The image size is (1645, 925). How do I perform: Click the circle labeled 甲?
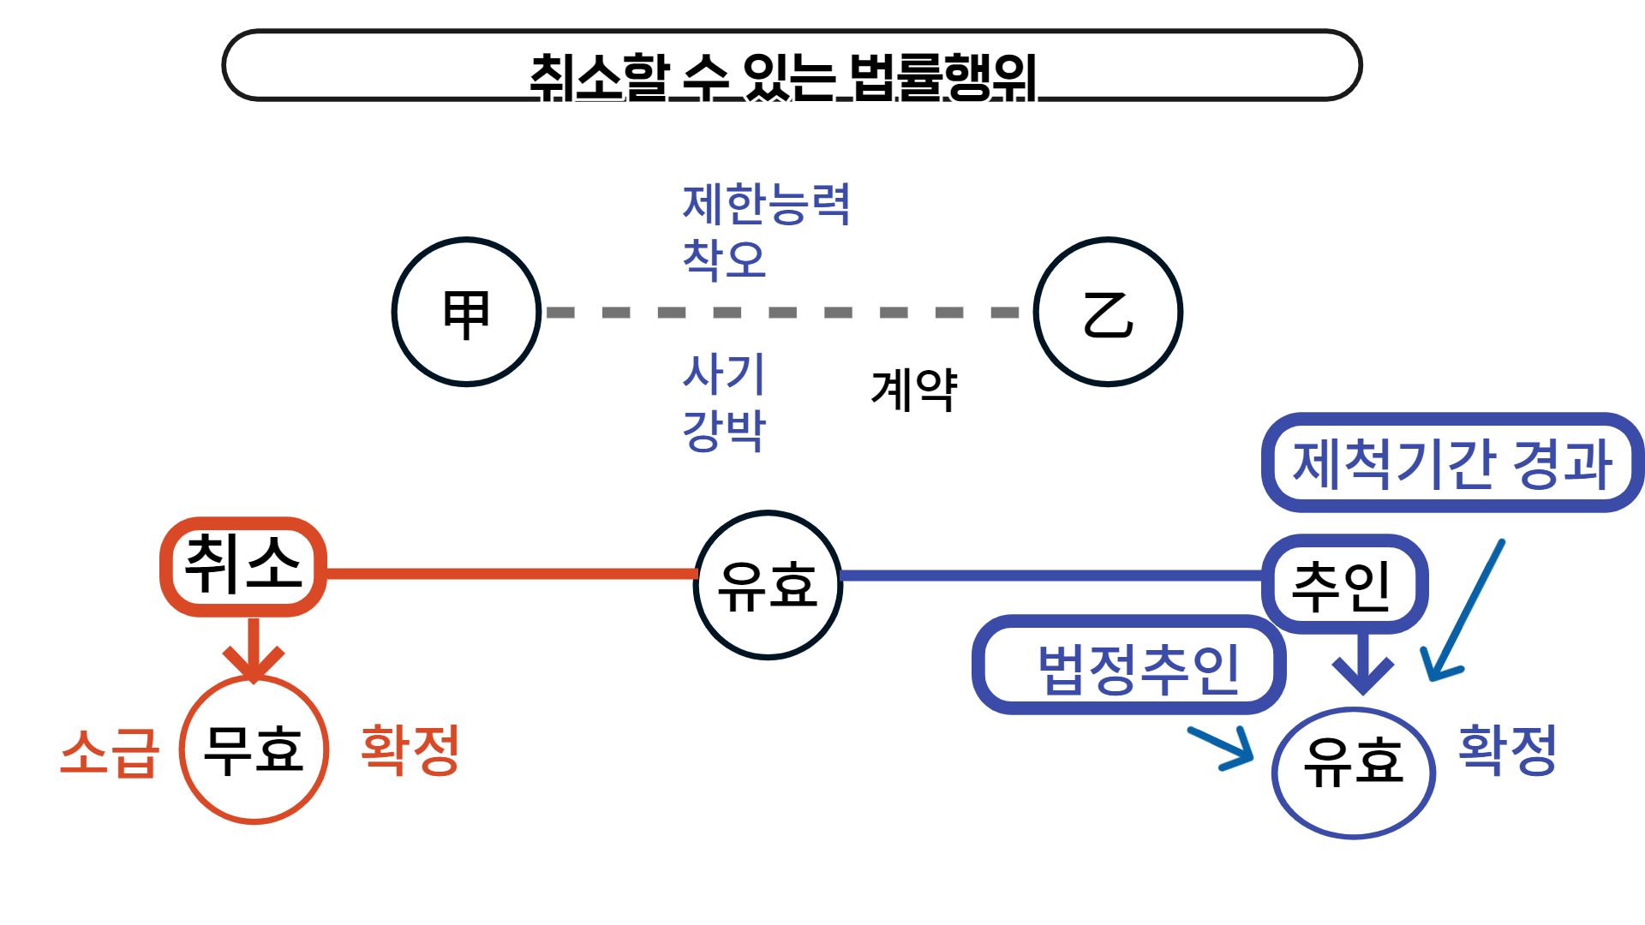pyautogui.click(x=467, y=312)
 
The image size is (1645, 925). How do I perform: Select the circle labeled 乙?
pyautogui.click(x=1108, y=312)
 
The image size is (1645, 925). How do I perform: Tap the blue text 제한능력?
pyautogui.click(x=766, y=205)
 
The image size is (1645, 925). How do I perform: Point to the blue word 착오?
pyautogui.click(x=724, y=259)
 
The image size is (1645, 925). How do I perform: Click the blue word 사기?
pyautogui.click(x=724, y=373)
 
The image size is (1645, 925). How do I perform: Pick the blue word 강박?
pyautogui.click(x=724, y=430)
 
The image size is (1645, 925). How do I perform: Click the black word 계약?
pyautogui.click(x=913, y=390)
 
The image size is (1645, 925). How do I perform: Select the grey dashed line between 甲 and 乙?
pyautogui.click(x=783, y=313)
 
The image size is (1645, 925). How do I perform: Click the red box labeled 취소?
pyautogui.click(x=243, y=566)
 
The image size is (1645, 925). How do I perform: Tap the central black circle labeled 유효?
pyautogui.click(x=768, y=585)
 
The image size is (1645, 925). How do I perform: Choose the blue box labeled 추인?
pyautogui.click(x=1343, y=585)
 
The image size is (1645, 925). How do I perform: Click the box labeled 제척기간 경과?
pyautogui.click(x=1452, y=463)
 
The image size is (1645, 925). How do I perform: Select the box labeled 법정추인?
pyautogui.click(x=1129, y=666)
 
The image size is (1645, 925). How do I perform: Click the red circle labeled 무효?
pyautogui.click(x=254, y=750)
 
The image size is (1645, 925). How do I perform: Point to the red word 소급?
pyautogui.click(x=110, y=753)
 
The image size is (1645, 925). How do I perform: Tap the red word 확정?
pyautogui.click(x=410, y=750)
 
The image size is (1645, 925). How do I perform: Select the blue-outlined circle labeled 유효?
pyautogui.click(x=1353, y=771)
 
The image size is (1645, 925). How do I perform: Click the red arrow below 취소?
pyautogui.click(x=254, y=651)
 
